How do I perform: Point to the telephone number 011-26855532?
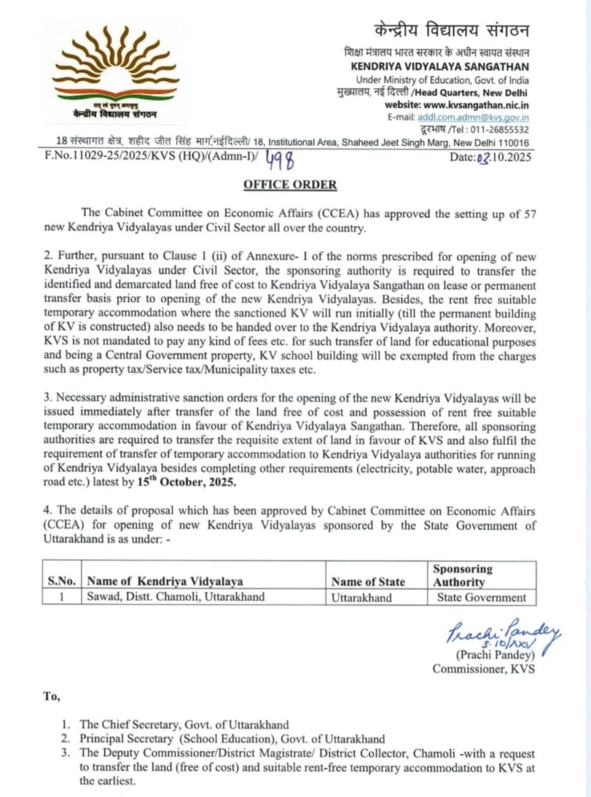(x=503, y=129)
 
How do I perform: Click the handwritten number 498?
(x=280, y=158)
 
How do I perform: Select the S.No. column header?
(x=63, y=582)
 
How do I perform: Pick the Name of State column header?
(x=368, y=582)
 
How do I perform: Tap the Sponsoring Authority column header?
(x=462, y=576)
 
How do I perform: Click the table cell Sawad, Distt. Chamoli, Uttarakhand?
(x=175, y=597)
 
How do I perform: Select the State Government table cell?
(x=482, y=597)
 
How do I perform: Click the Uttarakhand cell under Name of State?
(x=361, y=597)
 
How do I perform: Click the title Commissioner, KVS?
(x=483, y=668)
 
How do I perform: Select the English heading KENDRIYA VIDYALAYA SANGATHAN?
(x=440, y=67)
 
